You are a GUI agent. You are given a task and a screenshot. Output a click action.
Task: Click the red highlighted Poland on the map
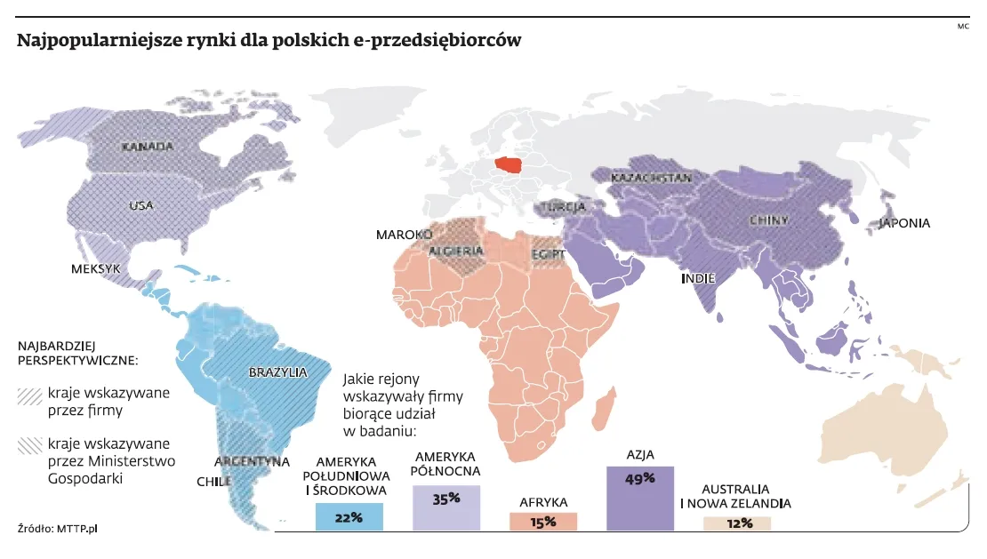[509, 166]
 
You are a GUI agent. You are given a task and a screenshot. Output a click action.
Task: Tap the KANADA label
[148, 147]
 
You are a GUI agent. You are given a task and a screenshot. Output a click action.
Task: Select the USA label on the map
[141, 205]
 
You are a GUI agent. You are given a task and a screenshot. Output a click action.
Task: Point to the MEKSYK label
[96, 268]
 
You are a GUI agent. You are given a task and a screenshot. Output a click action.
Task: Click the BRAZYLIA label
[278, 371]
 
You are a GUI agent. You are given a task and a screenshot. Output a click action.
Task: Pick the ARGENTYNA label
[253, 461]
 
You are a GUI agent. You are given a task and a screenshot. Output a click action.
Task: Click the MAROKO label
[404, 235]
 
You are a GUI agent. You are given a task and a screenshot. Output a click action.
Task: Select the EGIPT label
[548, 253]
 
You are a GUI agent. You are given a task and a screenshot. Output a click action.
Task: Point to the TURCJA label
[562, 208]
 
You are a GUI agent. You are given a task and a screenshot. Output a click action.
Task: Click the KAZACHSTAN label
[652, 179]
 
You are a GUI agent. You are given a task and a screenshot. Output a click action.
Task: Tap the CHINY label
[766, 219]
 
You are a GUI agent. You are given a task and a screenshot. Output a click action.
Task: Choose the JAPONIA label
[904, 223]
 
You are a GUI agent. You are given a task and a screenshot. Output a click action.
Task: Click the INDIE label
[698, 278]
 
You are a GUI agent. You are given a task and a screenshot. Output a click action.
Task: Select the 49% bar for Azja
[640, 498]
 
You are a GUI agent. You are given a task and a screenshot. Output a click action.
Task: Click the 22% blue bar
[349, 517]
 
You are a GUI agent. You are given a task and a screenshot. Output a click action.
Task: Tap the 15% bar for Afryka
[543, 522]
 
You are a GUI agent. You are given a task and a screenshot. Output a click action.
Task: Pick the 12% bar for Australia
[737, 523]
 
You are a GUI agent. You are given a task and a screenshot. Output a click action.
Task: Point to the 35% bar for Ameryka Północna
[446, 507]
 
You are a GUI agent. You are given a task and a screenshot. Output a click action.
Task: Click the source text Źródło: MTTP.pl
[57, 529]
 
